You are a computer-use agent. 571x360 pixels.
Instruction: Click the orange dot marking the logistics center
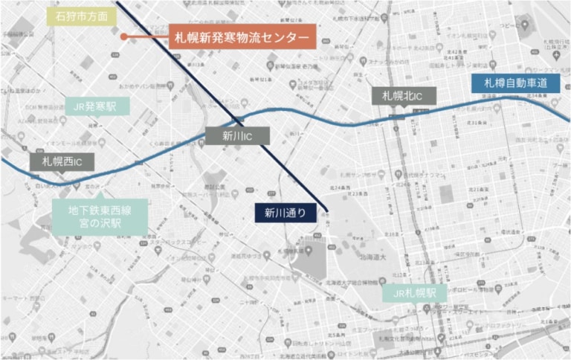click(x=123, y=36)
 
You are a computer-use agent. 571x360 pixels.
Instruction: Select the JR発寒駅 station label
click(x=97, y=106)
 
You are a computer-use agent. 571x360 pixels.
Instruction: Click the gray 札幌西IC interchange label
click(x=62, y=161)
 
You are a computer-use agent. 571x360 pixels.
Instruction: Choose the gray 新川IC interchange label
click(x=235, y=135)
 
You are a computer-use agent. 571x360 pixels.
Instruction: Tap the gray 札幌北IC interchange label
click(x=404, y=96)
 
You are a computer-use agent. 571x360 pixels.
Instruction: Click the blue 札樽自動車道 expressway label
click(x=516, y=83)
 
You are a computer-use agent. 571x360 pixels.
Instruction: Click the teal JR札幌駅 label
click(x=415, y=292)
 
